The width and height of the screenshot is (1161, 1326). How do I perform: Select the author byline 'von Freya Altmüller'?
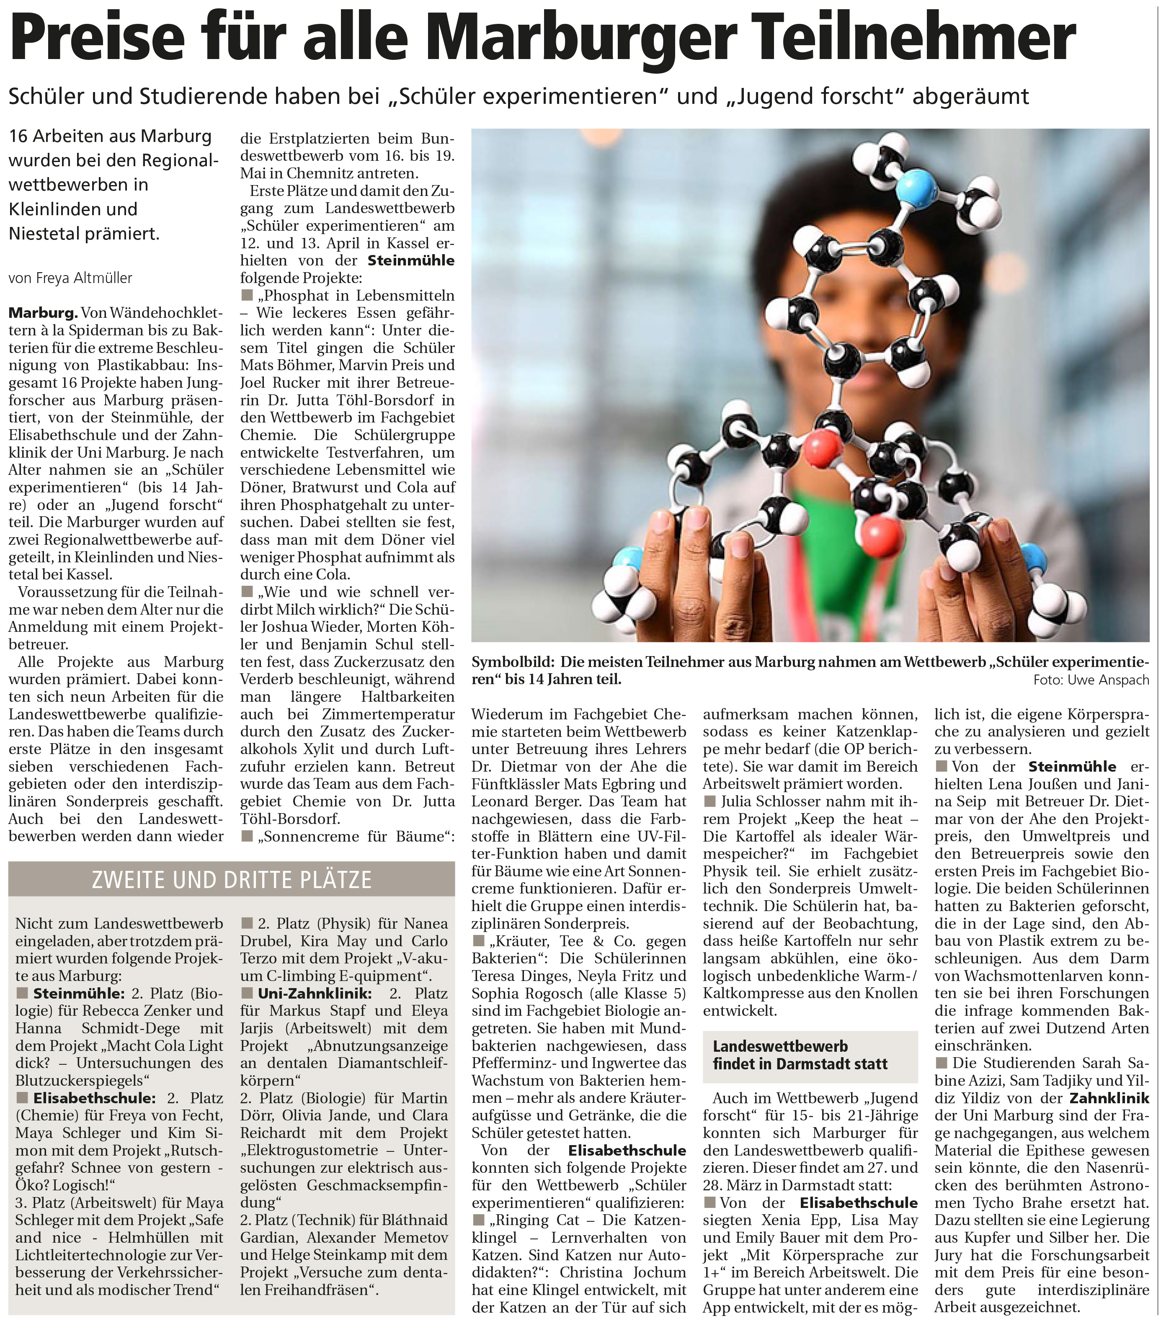tap(70, 278)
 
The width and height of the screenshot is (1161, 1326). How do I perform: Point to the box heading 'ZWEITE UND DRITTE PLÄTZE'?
tap(231, 880)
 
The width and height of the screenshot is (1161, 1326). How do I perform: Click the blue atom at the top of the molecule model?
tap(917, 188)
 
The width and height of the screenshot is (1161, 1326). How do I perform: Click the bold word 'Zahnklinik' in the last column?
tap(1109, 1098)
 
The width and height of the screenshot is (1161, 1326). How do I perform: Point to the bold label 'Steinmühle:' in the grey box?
tap(78, 993)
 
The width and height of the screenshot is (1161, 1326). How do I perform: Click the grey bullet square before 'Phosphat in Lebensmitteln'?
tap(246, 295)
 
